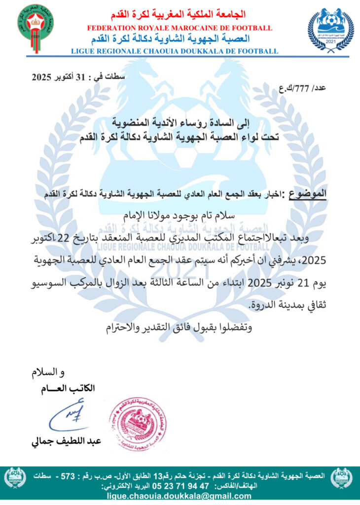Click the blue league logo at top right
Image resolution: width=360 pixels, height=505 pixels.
tap(330, 29)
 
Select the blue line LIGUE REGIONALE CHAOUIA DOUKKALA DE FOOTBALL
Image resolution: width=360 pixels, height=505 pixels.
tap(175, 51)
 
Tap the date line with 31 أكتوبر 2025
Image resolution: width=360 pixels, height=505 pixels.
tap(78, 77)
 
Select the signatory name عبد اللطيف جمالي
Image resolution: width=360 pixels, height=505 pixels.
tap(67, 442)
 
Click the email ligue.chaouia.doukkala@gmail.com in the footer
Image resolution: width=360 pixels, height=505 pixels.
tap(179, 496)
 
